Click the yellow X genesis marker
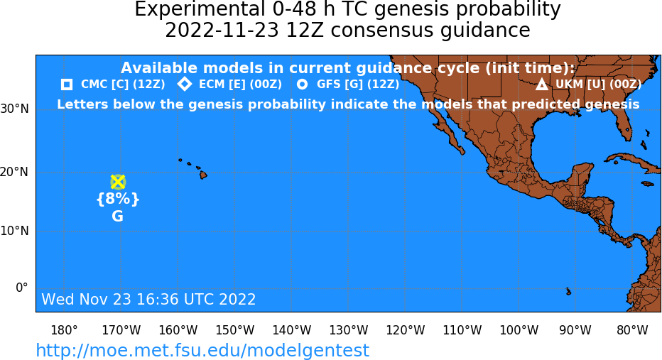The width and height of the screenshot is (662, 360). coord(118,182)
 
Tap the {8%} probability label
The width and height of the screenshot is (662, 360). coord(118,198)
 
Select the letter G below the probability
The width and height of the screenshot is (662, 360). coord(117,217)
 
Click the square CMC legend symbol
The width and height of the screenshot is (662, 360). coord(67,84)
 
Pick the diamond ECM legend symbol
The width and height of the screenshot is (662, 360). coord(185,84)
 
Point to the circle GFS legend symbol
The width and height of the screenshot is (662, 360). coord(303,84)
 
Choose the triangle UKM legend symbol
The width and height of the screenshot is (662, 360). coord(542,84)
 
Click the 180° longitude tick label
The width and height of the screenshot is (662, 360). coord(64,330)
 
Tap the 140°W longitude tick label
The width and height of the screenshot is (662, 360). coord(292,330)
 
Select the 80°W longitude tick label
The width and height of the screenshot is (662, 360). coord(632,330)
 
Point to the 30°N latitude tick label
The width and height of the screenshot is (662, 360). coord(15,109)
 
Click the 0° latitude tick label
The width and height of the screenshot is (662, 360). coord(21,288)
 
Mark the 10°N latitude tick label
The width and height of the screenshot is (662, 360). coord(15,231)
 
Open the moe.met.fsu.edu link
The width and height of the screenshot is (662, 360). coord(202,350)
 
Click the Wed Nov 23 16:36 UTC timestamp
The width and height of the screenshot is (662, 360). coord(148,299)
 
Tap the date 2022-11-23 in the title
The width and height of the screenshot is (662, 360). coord(222,31)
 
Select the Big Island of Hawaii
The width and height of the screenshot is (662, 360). coord(203,174)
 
